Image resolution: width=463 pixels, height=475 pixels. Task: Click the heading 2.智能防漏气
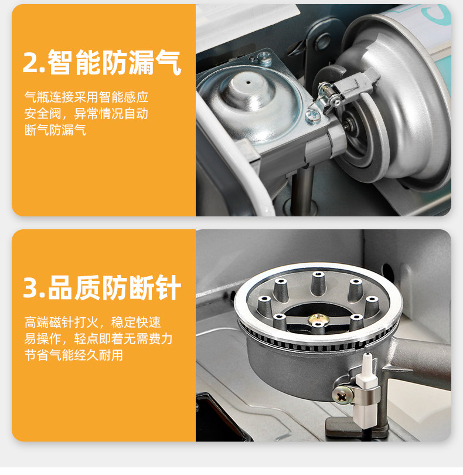click(102, 62)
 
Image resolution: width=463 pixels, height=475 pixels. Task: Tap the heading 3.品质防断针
click(102, 287)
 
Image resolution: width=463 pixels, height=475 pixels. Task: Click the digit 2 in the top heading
click(31, 63)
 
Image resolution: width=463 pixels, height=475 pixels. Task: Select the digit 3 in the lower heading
click(31, 288)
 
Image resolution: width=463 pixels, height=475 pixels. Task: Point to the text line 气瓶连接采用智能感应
click(86, 97)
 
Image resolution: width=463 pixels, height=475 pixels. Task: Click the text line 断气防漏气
click(56, 130)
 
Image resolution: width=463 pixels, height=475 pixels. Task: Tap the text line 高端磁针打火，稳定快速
click(93, 322)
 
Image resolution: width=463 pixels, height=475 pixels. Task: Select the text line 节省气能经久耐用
click(74, 355)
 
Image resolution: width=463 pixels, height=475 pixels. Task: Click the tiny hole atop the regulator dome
click(248, 82)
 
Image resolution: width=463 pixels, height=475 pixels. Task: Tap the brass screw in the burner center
click(317, 318)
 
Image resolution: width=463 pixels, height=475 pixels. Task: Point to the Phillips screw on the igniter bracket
click(342, 395)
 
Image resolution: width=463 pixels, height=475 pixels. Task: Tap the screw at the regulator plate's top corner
click(264, 57)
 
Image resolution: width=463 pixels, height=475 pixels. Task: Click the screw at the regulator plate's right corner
click(312, 116)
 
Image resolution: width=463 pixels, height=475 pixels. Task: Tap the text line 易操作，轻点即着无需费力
click(98, 338)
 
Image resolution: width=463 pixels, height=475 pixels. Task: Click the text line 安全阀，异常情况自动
click(86, 114)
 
